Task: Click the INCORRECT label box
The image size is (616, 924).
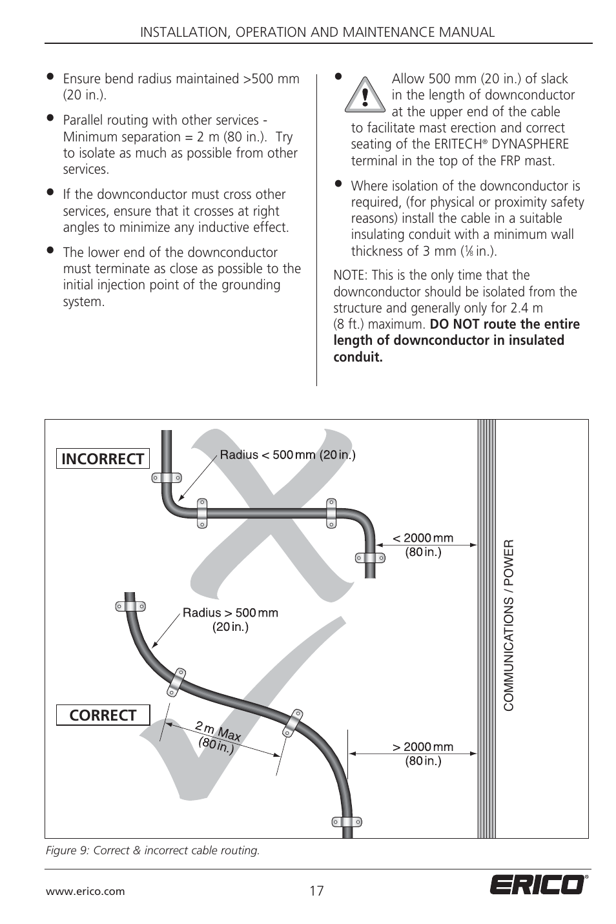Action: (103, 458)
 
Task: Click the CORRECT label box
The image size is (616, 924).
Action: (103, 715)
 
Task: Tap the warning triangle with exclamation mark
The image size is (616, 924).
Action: (365, 96)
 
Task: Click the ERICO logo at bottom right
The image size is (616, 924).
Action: (539, 885)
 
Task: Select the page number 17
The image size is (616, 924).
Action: (316, 892)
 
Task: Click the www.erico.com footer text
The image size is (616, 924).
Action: (85, 892)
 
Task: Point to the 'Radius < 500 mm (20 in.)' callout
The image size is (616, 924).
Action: (287, 455)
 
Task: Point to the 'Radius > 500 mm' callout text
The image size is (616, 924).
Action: (230, 613)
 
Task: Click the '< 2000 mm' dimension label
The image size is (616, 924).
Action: (423, 539)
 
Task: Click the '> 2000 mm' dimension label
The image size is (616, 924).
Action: (423, 747)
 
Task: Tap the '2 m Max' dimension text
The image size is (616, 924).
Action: (218, 731)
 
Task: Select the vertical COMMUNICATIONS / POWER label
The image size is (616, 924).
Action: (508, 625)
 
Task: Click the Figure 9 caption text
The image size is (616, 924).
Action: (152, 850)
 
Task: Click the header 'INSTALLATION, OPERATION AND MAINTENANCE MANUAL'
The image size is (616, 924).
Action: (318, 32)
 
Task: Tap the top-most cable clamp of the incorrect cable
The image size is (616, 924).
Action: (167, 478)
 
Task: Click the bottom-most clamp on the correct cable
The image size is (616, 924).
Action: (347, 823)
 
